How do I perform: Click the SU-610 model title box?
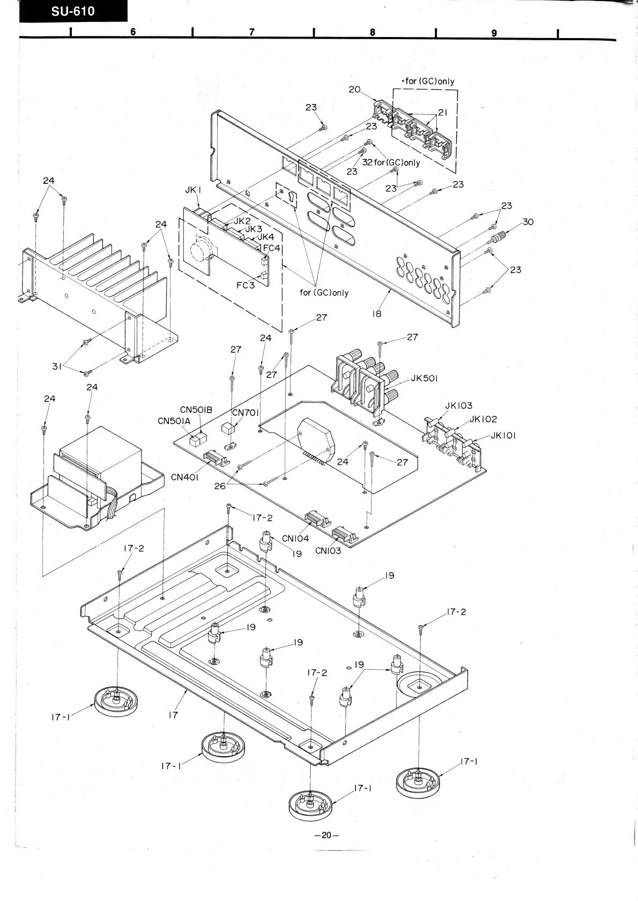point(73,12)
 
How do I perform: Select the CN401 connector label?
point(185,477)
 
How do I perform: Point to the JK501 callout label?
point(424,378)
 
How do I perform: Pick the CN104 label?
point(295,538)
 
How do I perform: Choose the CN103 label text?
point(328,550)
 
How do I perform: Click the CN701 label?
point(246,412)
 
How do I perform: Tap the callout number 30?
point(528,221)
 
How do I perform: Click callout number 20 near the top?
point(354,90)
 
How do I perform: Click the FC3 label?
point(246,285)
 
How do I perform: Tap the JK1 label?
point(192,190)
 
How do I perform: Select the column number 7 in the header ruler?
point(251,32)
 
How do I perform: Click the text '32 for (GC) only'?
point(391,163)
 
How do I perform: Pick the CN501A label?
point(174,421)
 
